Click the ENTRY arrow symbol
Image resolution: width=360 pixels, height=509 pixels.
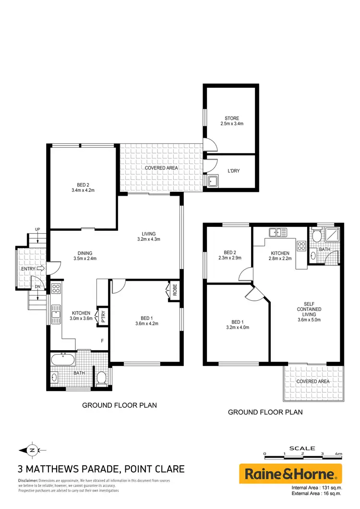pyautogui.click(x=40, y=269)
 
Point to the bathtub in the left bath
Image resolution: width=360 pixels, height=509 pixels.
pyautogui.click(x=62, y=359)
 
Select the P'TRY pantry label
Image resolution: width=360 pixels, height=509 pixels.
pyautogui.click(x=103, y=317)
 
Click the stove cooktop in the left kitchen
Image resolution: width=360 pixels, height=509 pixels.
pyautogui.click(x=56, y=289)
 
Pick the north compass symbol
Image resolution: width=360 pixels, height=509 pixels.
pyautogui.click(x=31, y=450)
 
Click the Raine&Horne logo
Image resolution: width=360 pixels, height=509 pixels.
pyautogui.click(x=290, y=474)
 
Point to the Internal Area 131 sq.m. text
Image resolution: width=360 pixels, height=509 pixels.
pyautogui.click(x=316, y=489)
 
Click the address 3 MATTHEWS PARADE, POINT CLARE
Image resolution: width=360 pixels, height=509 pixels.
pyautogui.click(x=100, y=469)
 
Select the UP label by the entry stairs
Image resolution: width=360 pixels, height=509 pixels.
pyautogui.click(x=37, y=229)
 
